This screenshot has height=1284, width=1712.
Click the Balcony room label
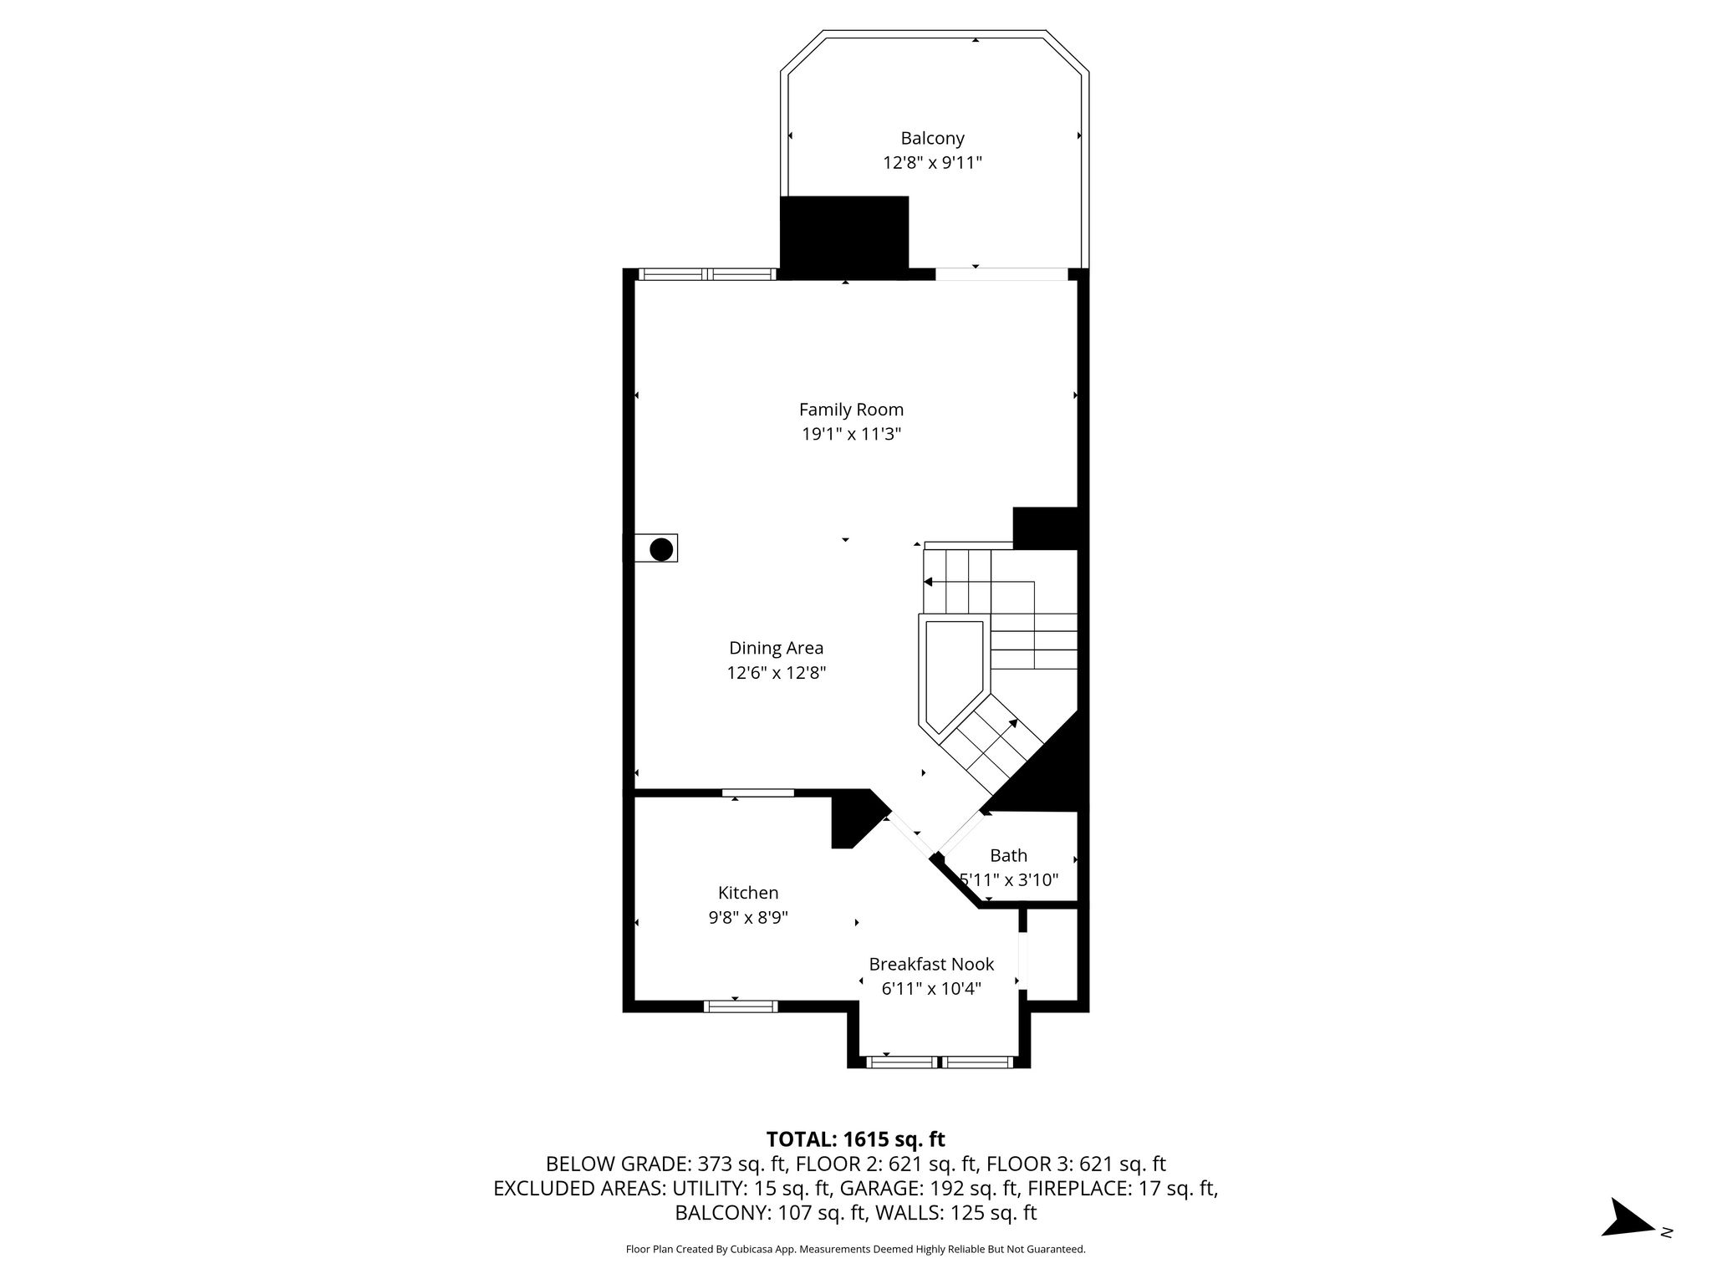pyautogui.click(x=932, y=138)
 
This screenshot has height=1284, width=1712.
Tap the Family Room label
pyautogui.click(x=851, y=410)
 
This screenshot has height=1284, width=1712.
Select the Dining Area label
pyautogui.click(x=776, y=648)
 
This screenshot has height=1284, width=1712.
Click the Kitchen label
pyautogui.click(x=748, y=893)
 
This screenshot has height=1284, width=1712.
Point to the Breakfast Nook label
pyautogui.click(x=931, y=964)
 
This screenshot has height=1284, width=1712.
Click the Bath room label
pyautogui.click(x=1008, y=855)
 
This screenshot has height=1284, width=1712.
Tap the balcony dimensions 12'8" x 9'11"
pyautogui.click(x=932, y=162)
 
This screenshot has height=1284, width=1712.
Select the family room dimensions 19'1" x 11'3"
pyautogui.click(x=851, y=434)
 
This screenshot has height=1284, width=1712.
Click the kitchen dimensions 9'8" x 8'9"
pyautogui.click(x=748, y=917)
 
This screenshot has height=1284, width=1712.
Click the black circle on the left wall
pyautogui.click(x=661, y=549)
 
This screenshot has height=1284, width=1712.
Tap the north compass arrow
pyautogui.click(x=1627, y=1241)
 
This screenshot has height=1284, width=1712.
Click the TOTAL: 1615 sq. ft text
pyautogui.click(x=855, y=1139)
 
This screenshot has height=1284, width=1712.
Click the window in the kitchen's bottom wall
pyautogui.click(x=741, y=1006)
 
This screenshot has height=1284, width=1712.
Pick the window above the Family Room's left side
pyautogui.click(x=707, y=273)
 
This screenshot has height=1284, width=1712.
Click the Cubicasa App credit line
pyautogui.click(x=855, y=1250)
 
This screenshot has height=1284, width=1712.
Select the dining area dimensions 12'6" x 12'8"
pyautogui.click(x=776, y=673)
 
